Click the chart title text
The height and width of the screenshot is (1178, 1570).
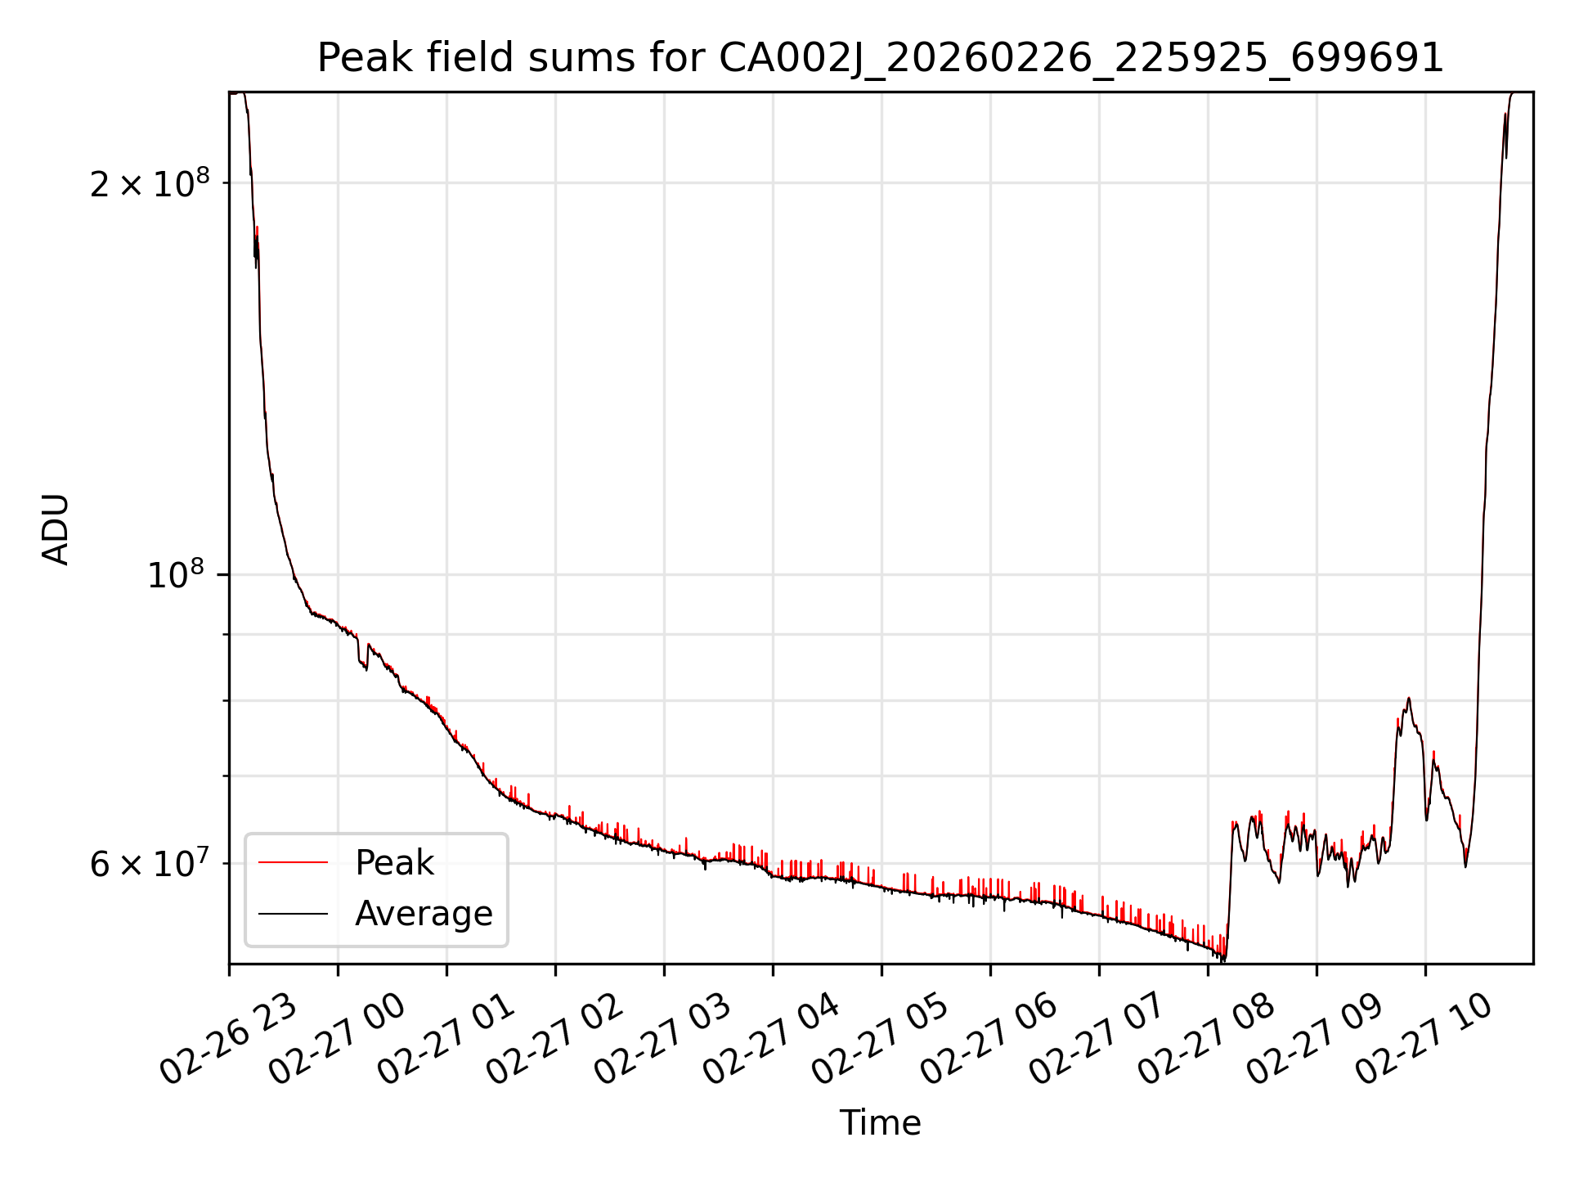click(x=880, y=58)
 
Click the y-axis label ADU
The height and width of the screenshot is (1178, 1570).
click(x=56, y=528)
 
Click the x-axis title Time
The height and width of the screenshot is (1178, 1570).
click(x=880, y=1123)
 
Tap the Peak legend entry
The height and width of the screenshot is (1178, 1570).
click(x=394, y=863)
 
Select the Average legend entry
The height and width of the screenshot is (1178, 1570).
click(x=424, y=914)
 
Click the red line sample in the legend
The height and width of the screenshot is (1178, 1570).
click(x=293, y=863)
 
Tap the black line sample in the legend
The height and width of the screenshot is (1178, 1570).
click(x=293, y=914)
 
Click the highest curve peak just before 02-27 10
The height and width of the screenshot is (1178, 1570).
click(x=1408, y=698)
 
